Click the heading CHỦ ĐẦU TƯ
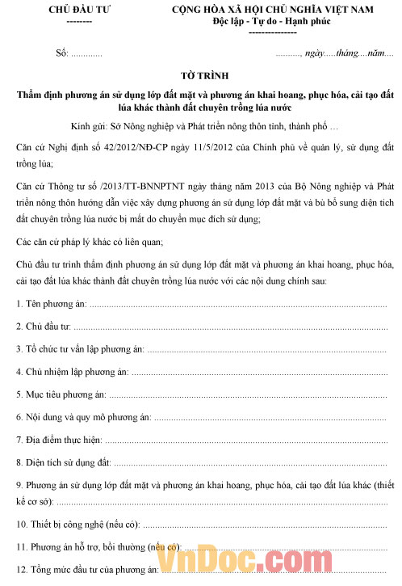coord(78,9)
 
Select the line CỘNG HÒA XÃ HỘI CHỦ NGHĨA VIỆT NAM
coord(278,9)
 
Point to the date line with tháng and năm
coord(334,53)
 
